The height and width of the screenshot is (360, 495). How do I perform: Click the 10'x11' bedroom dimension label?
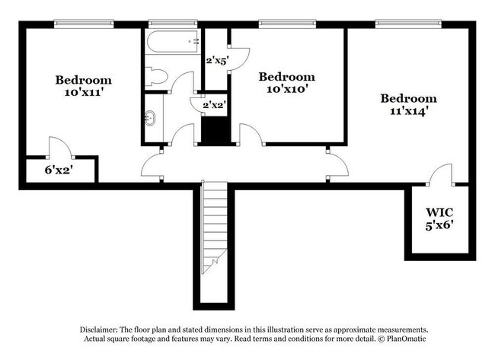84,94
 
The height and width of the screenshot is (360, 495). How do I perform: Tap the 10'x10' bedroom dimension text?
286,90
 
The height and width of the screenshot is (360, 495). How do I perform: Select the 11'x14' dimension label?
409,111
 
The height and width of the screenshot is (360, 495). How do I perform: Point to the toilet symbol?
156,76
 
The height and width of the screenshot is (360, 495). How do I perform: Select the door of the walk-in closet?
439,176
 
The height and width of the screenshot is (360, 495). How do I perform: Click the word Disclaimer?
100,328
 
